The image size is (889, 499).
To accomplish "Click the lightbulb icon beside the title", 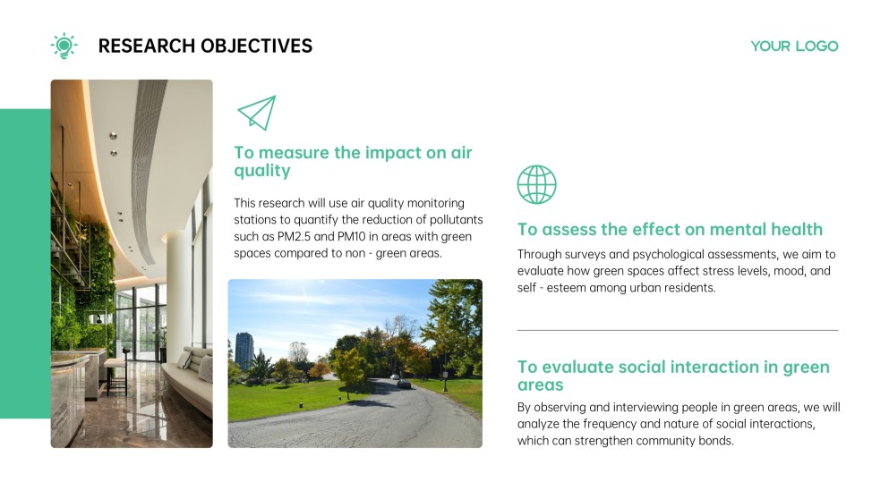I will coord(64,46).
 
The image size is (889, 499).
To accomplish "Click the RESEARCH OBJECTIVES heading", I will coord(205,47).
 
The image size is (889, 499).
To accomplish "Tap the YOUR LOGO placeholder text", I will coord(794,47).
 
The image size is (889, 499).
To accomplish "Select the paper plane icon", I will coord(256,114).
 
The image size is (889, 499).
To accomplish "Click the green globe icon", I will coord(536,184).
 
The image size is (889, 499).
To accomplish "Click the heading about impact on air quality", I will coord(353,161).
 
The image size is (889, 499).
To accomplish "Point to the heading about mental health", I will coord(670,230).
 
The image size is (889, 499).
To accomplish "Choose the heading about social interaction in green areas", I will coord(673,376).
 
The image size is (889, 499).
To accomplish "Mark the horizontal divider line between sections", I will coord(678,330).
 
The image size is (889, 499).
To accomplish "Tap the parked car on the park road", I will coord(405,384).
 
